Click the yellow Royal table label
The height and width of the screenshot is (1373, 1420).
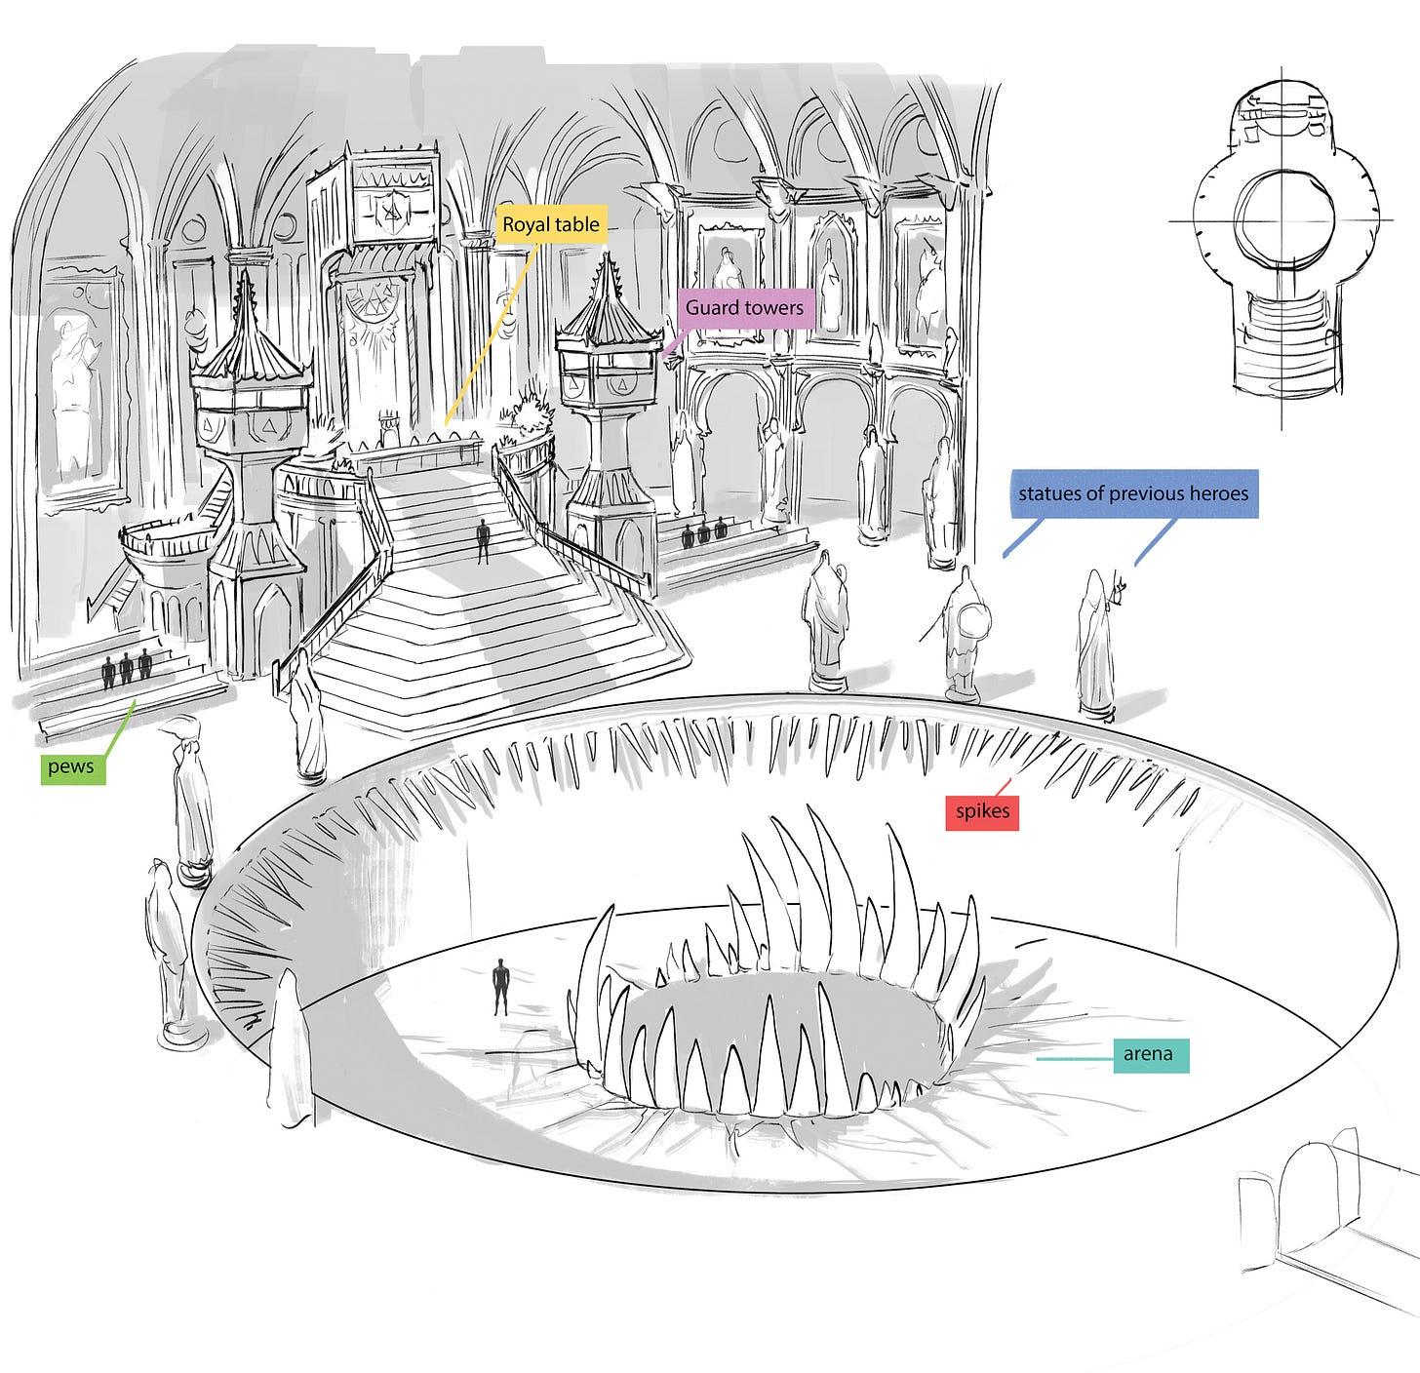click(x=551, y=225)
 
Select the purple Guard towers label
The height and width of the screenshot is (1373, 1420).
click(x=744, y=308)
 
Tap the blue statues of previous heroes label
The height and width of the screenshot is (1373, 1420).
click(x=1133, y=493)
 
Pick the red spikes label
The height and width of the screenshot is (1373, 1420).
click(x=982, y=811)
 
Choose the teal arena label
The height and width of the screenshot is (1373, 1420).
click(x=1148, y=1054)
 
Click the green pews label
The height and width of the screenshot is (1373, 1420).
click(x=71, y=766)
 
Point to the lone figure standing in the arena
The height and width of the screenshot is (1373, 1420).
click(x=501, y=986)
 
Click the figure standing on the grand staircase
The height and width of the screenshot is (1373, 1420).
click(x=483, y=541)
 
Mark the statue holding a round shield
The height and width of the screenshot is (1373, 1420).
click(x=966, y=634)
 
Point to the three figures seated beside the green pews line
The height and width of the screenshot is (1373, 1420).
click(x=127, y=669)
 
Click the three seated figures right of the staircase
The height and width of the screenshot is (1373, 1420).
click(x=705, y=531)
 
